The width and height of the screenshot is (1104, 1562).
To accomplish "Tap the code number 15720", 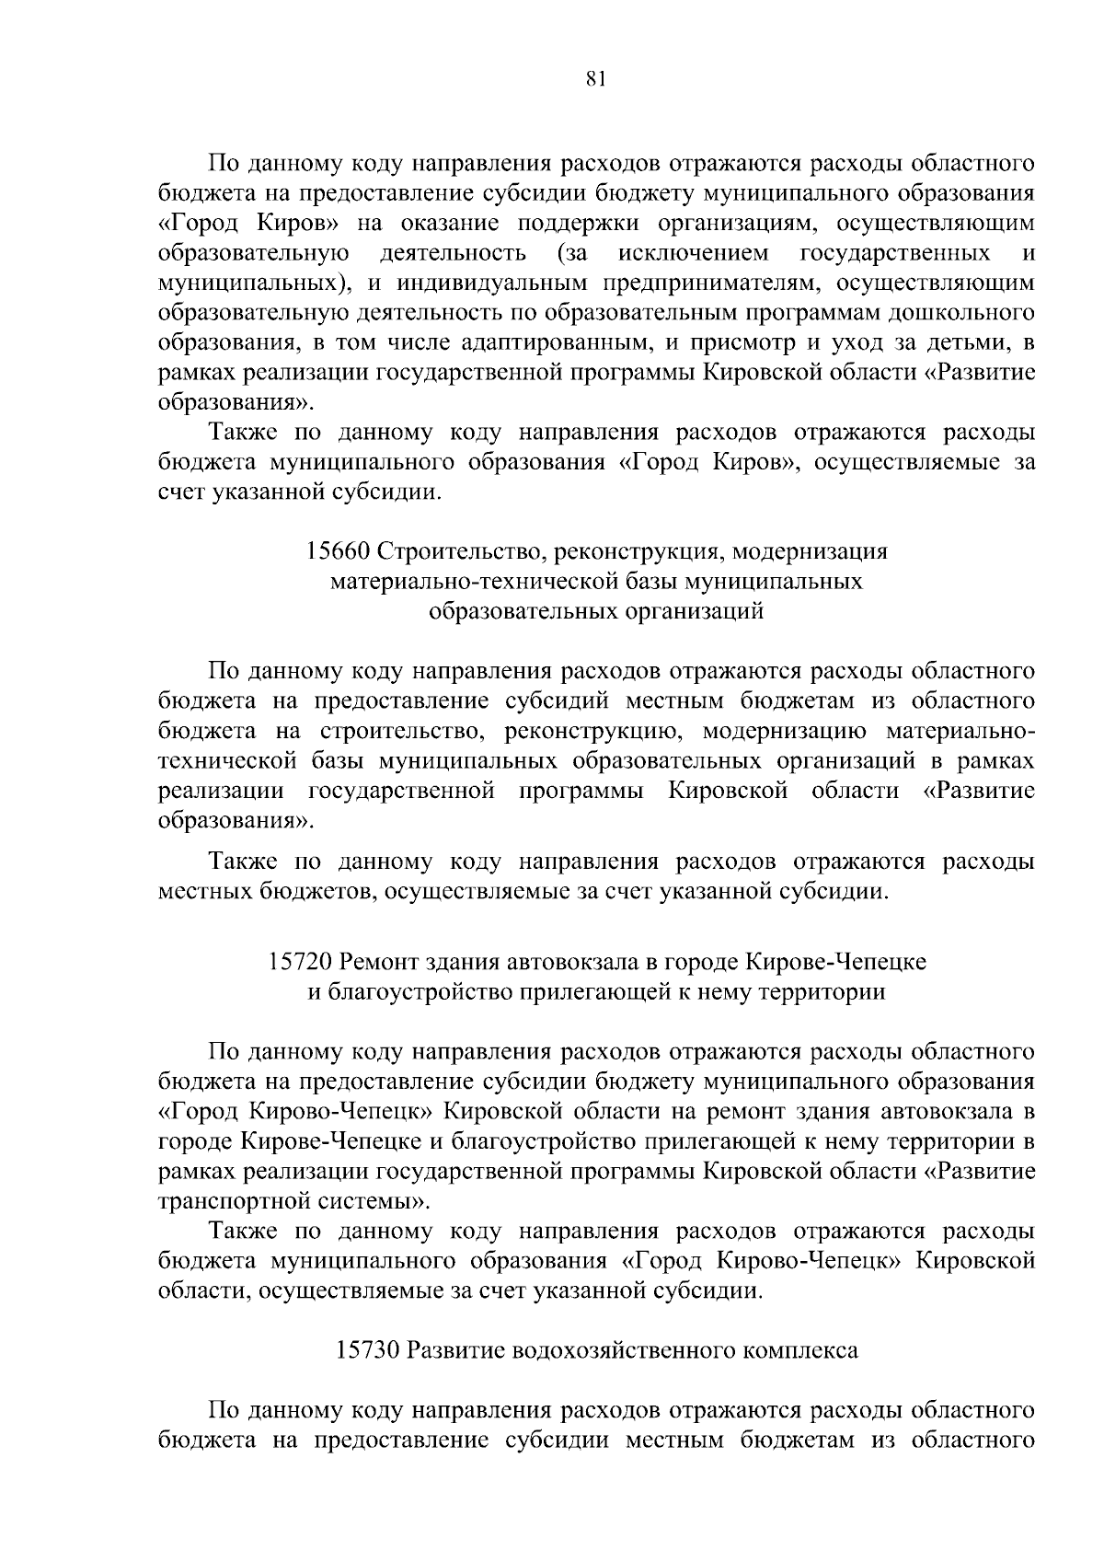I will coord(300,962).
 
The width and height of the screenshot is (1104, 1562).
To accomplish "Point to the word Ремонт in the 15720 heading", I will coord(373,962).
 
